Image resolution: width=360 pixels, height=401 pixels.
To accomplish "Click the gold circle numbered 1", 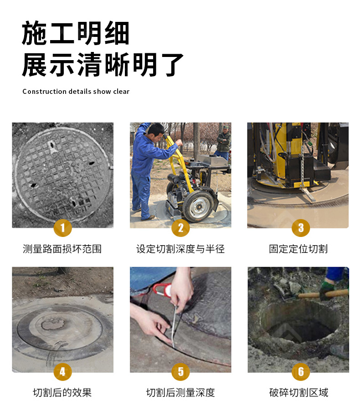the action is tap(62, 227).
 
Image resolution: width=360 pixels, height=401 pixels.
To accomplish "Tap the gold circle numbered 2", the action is tap(180, 227).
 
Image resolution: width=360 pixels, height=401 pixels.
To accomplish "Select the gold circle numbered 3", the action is tap(301, 227).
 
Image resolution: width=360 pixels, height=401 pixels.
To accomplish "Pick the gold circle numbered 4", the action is tap(62, 371).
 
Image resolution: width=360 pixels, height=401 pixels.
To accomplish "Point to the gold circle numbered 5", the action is tap(180, 371).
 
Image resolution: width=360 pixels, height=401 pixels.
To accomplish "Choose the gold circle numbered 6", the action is tap(301, 371).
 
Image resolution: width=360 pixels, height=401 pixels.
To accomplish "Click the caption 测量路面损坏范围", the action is tap(62, 249).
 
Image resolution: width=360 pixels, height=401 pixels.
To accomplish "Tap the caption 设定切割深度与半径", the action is tap(180, 249).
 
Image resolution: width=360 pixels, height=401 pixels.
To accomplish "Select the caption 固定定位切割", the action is tap(298, 249).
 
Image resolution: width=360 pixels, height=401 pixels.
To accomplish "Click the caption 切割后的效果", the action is tap(62, 392).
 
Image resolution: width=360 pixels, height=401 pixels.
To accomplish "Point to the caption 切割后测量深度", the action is tap(180, 392).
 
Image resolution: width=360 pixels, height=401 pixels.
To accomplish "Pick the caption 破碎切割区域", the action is tap(298, 392).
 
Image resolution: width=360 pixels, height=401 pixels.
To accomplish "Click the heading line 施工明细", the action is tap(76, 33).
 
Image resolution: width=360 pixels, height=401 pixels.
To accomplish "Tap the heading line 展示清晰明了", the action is tap(103, 64).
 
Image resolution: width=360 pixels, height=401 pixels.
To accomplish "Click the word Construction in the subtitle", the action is tap(45, 91).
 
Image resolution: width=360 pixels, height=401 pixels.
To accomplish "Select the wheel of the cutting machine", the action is tap(198, 206).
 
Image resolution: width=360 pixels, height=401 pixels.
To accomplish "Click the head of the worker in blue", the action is tap(156, 130).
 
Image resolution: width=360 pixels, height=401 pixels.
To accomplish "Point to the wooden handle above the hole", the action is tap(324, 294).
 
